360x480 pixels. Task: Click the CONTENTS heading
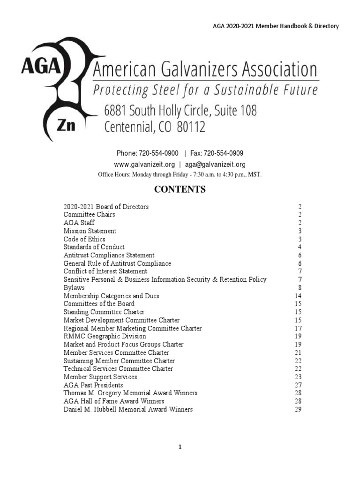(180, 190)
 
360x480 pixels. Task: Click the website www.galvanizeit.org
(144, 165)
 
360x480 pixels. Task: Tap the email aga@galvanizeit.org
(215, 165)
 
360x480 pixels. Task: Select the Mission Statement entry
(90, 231)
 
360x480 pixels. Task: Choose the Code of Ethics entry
(84, 239)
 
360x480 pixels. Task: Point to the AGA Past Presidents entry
(93, 385)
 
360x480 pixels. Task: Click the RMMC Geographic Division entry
(105, 337)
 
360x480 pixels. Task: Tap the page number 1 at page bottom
(180, 447)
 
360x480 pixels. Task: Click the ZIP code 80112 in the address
(191, 127)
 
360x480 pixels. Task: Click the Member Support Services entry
(100, 377)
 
